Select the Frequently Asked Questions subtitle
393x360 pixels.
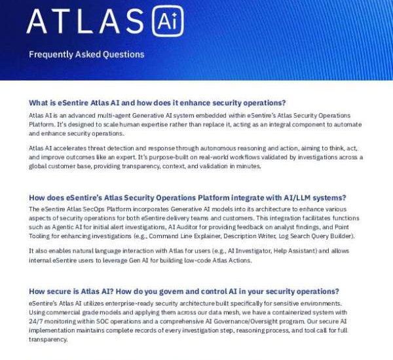coord(86,55)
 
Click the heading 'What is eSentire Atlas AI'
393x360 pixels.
coord(158,103)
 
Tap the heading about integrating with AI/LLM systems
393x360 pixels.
coord(187,198)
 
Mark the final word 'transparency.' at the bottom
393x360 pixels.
coord(48,340)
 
